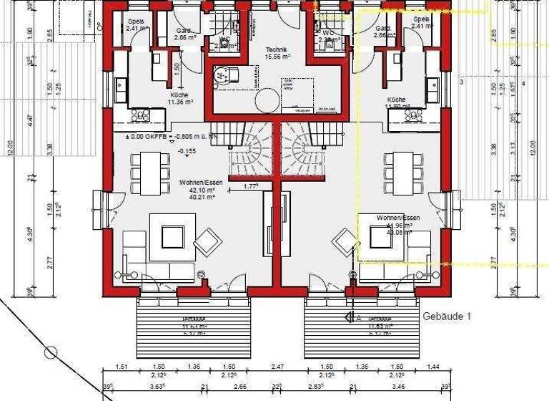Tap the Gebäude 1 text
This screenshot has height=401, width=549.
click(447, 316)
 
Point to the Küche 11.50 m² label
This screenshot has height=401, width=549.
click(396, 103)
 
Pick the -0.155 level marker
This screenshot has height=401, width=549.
click(187, 151)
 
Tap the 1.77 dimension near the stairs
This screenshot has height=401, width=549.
click(251, 186)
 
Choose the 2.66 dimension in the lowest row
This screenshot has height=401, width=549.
click(240, 387)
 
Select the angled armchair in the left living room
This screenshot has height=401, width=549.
click(207, 241)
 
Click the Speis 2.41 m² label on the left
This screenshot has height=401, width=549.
click(136, 25)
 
